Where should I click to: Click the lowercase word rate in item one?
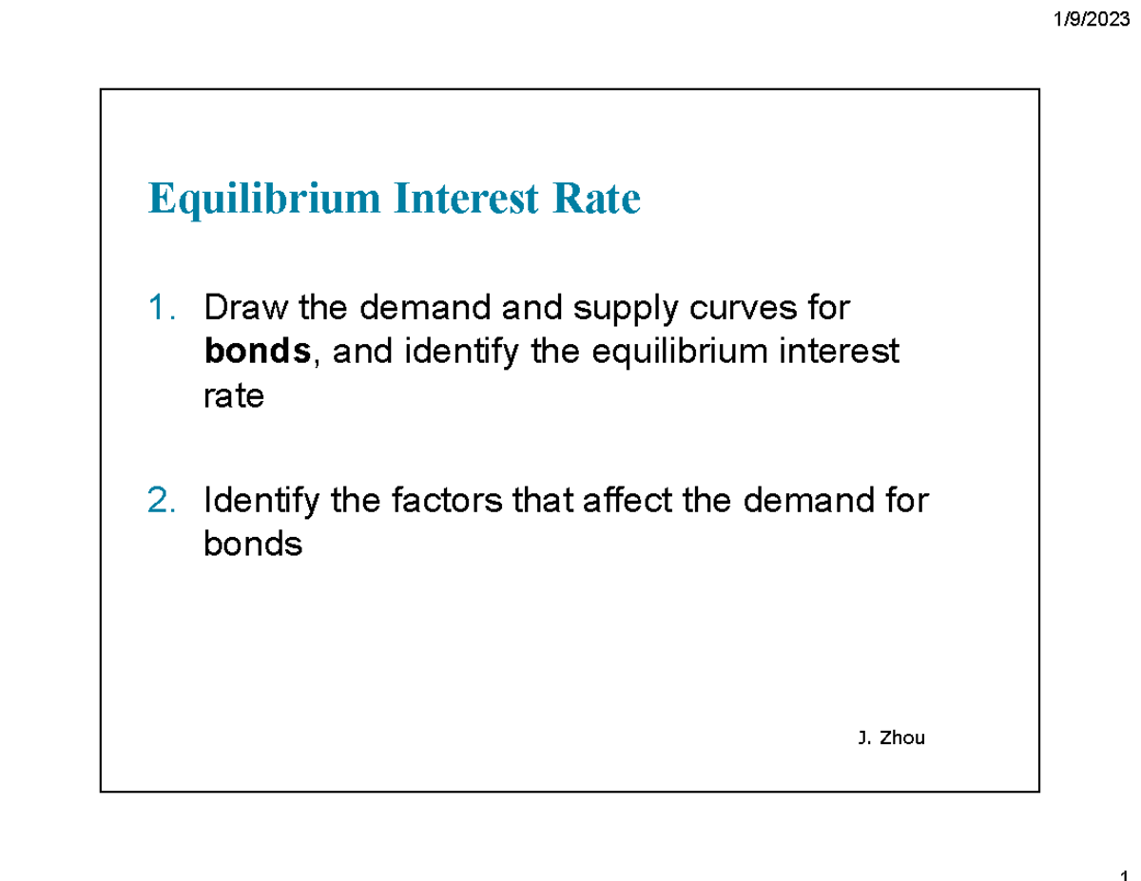[x=233, y=397]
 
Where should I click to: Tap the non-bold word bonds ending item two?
[x=253, y=545]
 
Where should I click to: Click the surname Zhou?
[x=903, y=737]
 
